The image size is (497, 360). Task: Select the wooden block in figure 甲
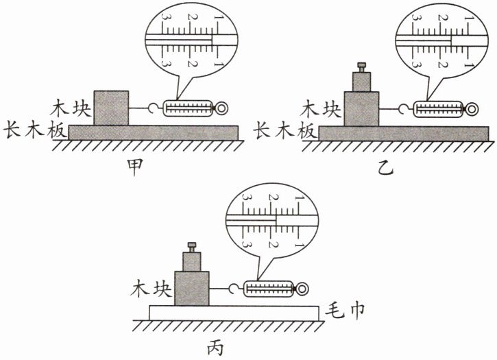[111, 108]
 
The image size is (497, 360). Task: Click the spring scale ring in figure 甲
[222, 108]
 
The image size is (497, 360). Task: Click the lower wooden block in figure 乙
[361, 108]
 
